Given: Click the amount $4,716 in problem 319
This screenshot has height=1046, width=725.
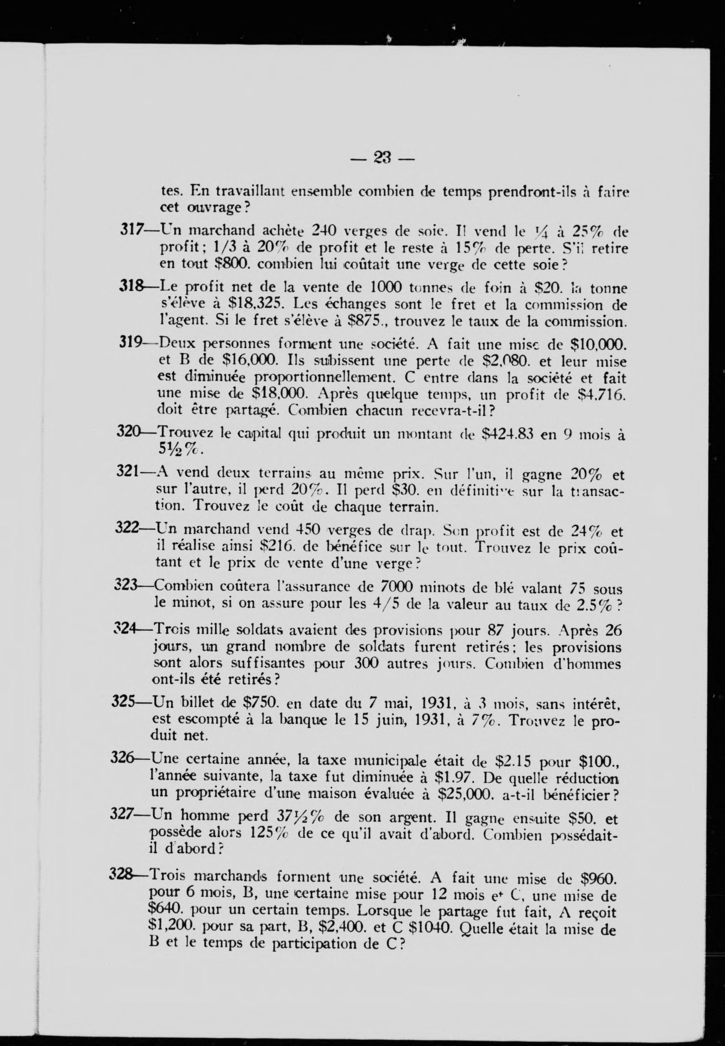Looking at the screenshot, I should pos(600,394).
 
